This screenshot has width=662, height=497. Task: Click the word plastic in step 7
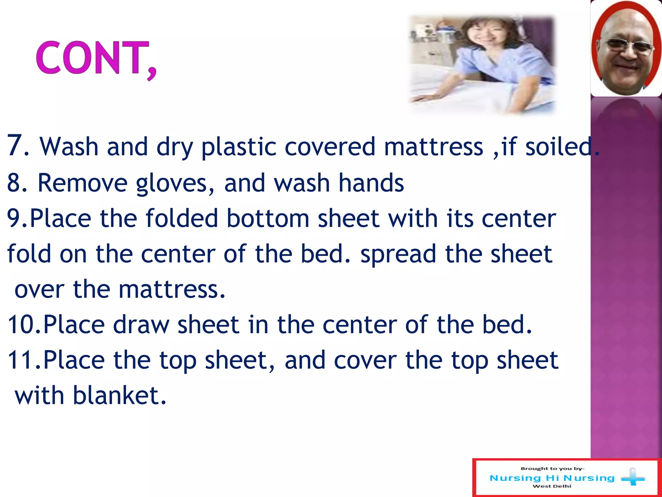(x=239, y=147)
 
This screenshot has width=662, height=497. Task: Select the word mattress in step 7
(x=433, y=147)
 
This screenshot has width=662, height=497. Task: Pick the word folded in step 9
(x=182, y=218)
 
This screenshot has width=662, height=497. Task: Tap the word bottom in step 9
(x=268, y=218)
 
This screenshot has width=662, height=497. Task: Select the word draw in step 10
(x=141, y=325)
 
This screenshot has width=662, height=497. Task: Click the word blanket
(x=119, y=395)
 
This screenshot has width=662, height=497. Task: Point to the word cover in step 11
(x=365, y=360)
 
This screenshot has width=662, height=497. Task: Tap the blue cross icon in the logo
(x=633, y=478)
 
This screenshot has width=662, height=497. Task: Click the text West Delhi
(x=551, y=486)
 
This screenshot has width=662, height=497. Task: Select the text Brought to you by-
(x=552, y=469)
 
